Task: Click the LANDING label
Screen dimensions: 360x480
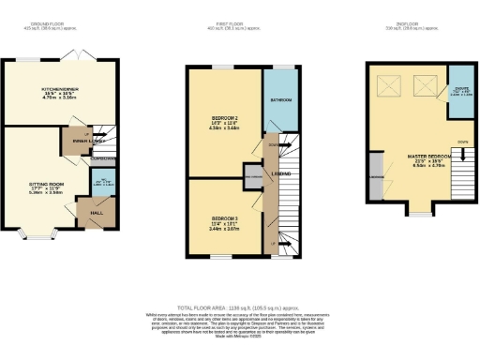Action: coord(280,175)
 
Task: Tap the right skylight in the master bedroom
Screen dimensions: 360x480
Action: coord(424,88)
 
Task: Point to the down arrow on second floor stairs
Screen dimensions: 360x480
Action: coord(463,142)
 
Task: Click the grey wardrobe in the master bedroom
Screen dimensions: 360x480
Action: coord(375,181)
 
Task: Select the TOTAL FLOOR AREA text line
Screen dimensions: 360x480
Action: coord(239,308)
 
